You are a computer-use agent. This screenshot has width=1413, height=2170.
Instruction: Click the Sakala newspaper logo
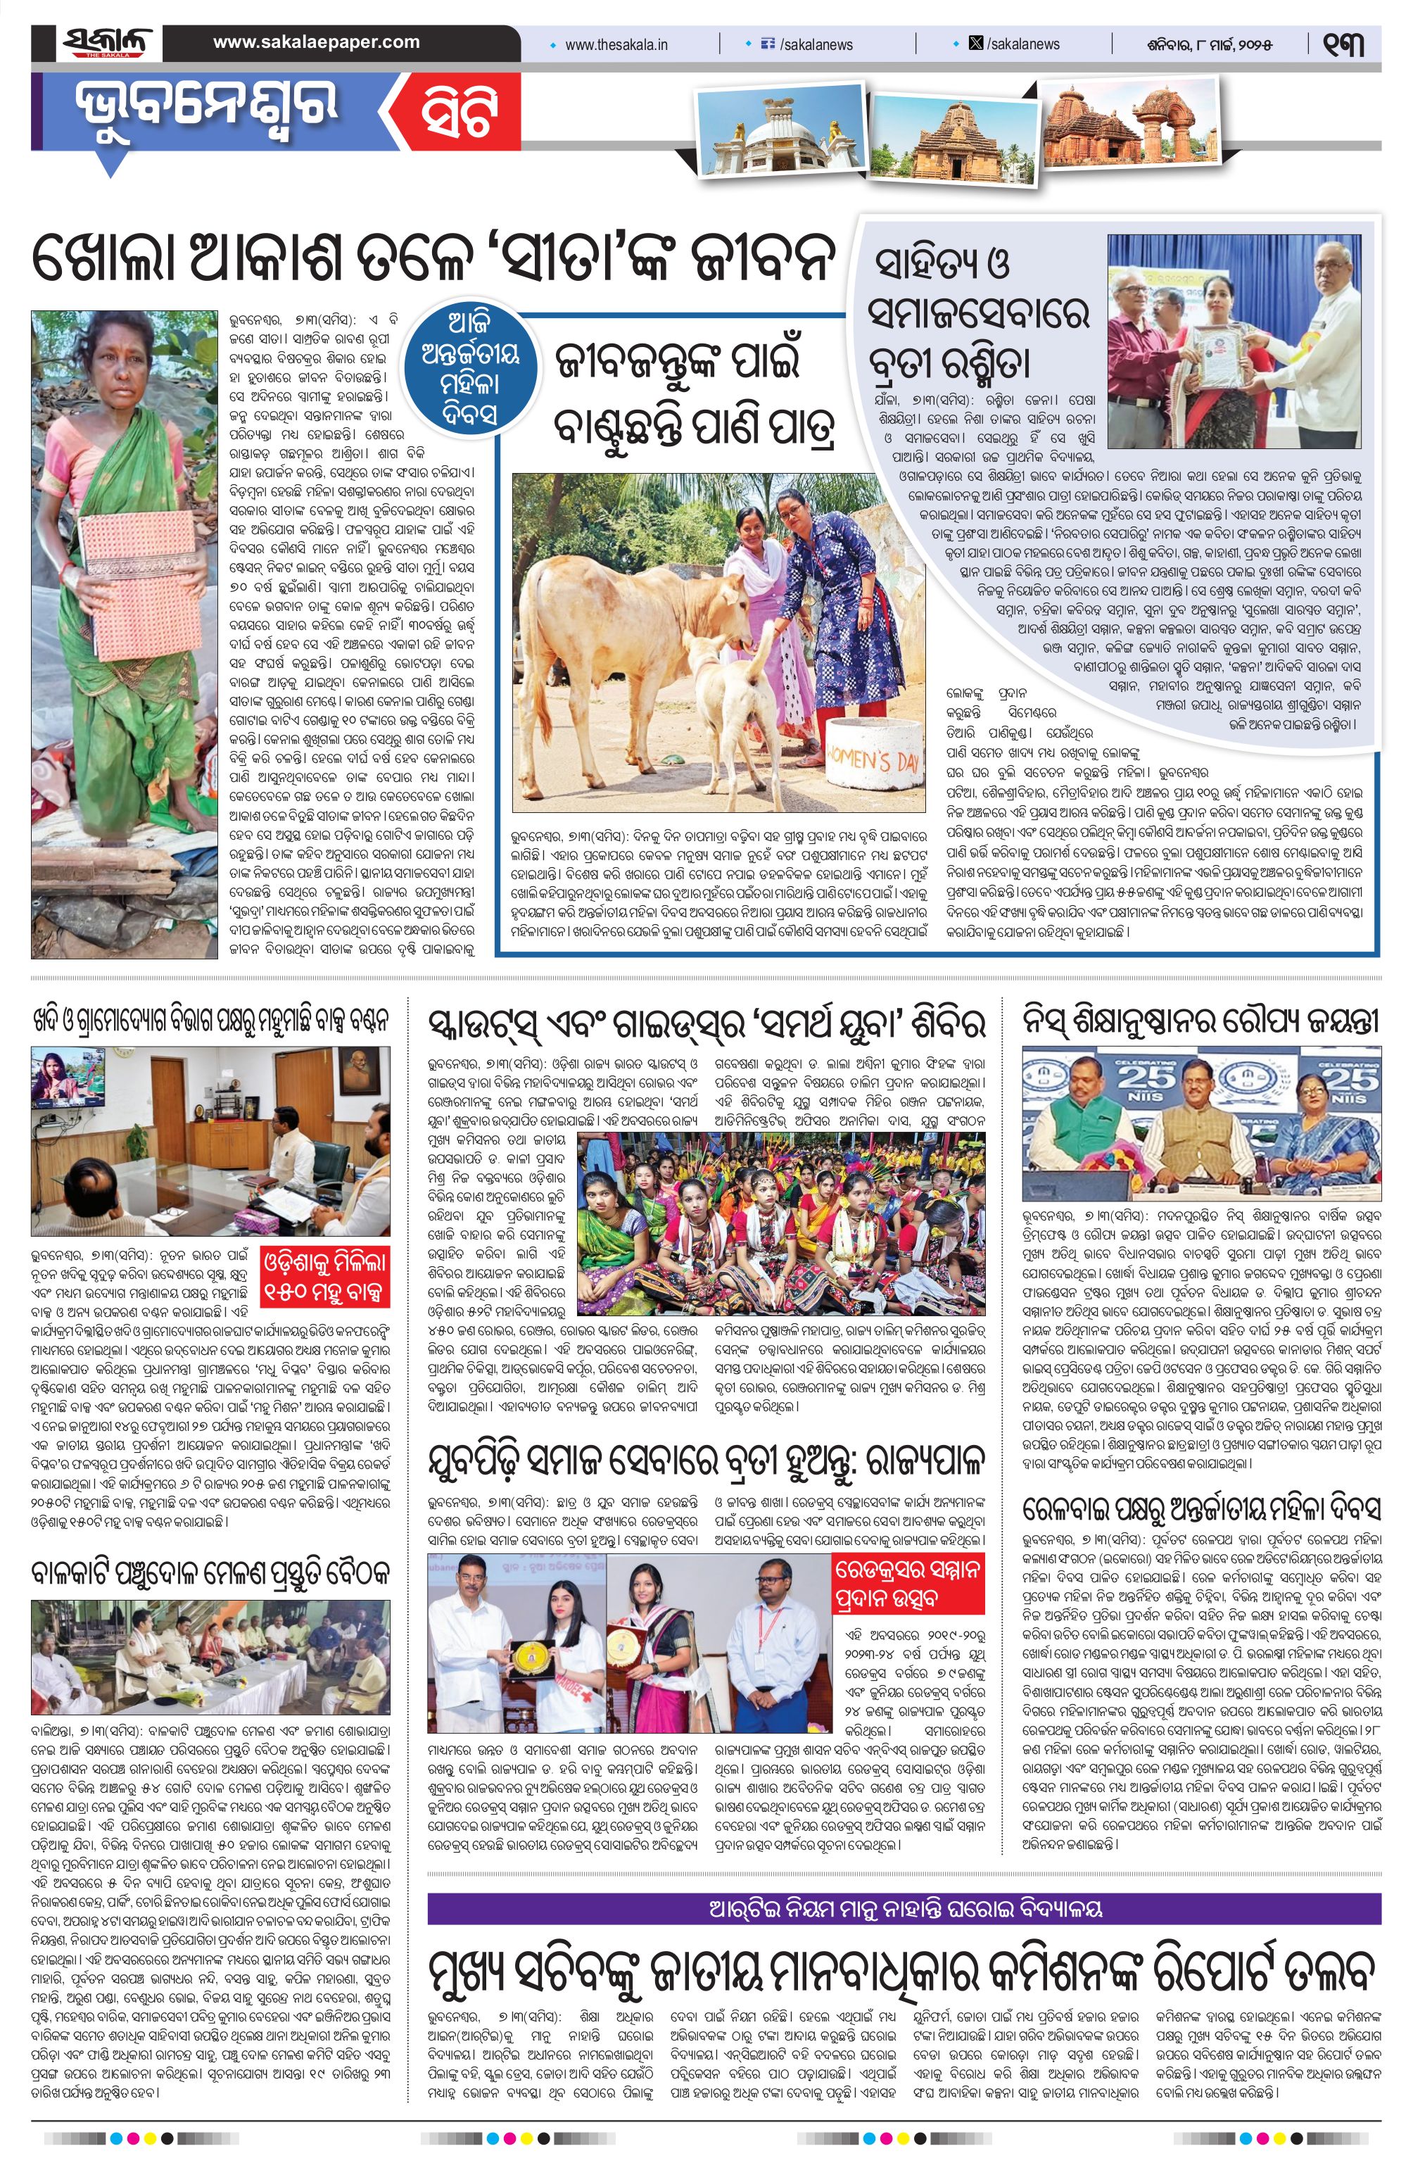pyautogui.click(x=108, y=43)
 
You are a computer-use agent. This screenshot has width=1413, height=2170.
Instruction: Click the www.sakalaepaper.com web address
pyautogui.click(x=317, y=42)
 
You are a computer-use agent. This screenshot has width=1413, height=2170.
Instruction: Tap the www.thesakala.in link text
pyautogui.click(x=616, y=44)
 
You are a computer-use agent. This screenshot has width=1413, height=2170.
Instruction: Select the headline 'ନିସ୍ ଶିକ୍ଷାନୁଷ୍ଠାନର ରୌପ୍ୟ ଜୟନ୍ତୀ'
pyautogui.click(x=1200, y=1022)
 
